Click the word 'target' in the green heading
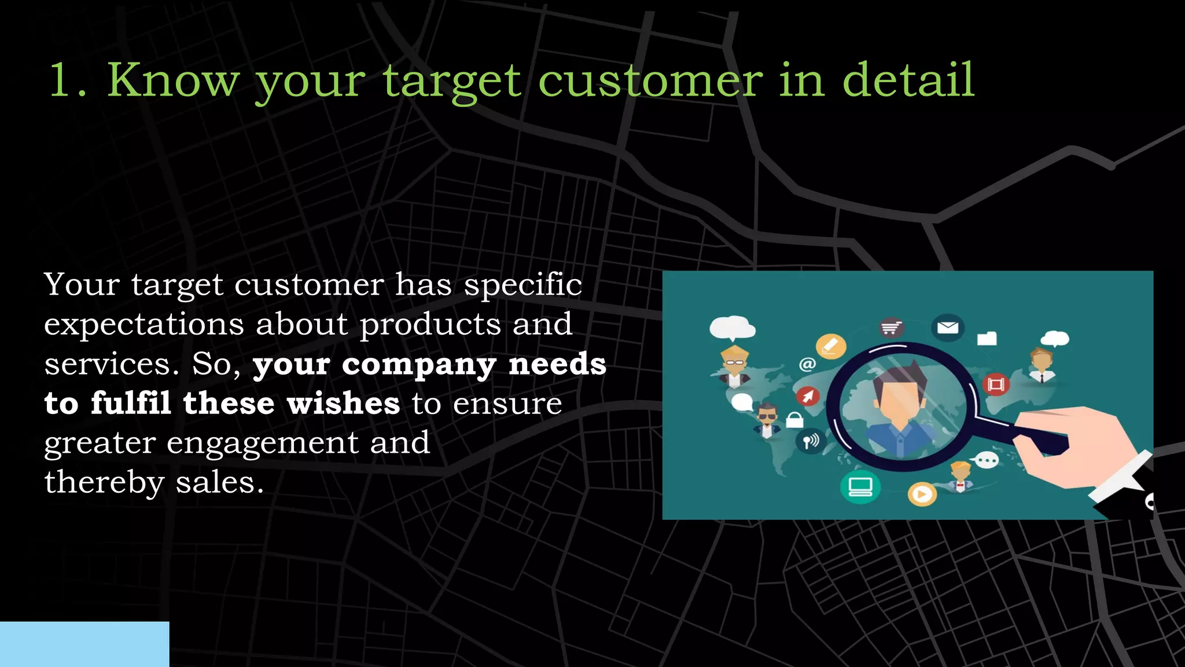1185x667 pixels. pyautogui.click(x=451, y=81)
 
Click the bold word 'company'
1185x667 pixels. pyautogui.click(x=419, y=365)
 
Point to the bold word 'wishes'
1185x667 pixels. pyautogui.click(x=343, y=403)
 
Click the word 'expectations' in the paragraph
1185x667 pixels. pyautogui.click(x=143, y=324)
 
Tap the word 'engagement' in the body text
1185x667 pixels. pyautogui.click(x=263, y=444)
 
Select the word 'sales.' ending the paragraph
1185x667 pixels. pyautogui.click(x=220, y=483)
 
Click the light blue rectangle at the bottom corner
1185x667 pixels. pyautogui.click(x=84, y=644)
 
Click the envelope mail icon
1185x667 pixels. pyautogui.click(x=947, y=328)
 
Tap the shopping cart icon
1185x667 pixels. pyautogui.click(x=892, y=328)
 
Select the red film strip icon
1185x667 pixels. pyautogui.click(x=995, y=384)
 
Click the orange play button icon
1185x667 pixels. pyautogui.click(x=922, y=494)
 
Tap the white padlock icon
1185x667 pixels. pyautogui.click(x=794, y=419)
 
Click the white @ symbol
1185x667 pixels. pyautogui.click(x=807, y=364)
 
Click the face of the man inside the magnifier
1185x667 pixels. pyautogui.click(x=899, y=400)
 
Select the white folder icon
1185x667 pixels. pyautogui.click(x=987, y=338)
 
